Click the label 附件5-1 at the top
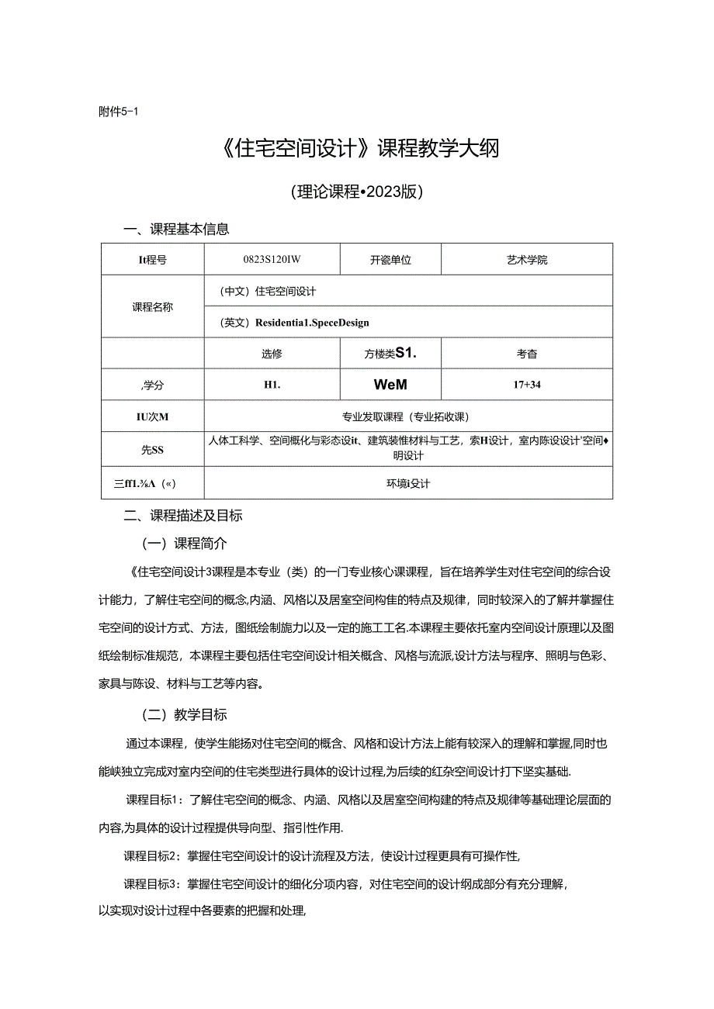tap(118, 111)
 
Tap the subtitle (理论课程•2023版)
tap(356, 192)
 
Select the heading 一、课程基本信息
tap(177, 229)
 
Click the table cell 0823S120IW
tap(272, 260)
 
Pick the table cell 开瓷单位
tap(390, 260)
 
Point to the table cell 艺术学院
tap(526, 260)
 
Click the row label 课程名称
tap(153, 306)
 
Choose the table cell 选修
tap(272, 354)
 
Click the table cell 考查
tap(526, 354)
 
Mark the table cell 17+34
tap(526, 385)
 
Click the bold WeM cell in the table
tap(390, 385)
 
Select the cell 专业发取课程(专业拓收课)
tap(407, 416)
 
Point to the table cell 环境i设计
tap(407, 483)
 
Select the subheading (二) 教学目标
tap(183, 714)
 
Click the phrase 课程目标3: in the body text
tap(152, 883)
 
